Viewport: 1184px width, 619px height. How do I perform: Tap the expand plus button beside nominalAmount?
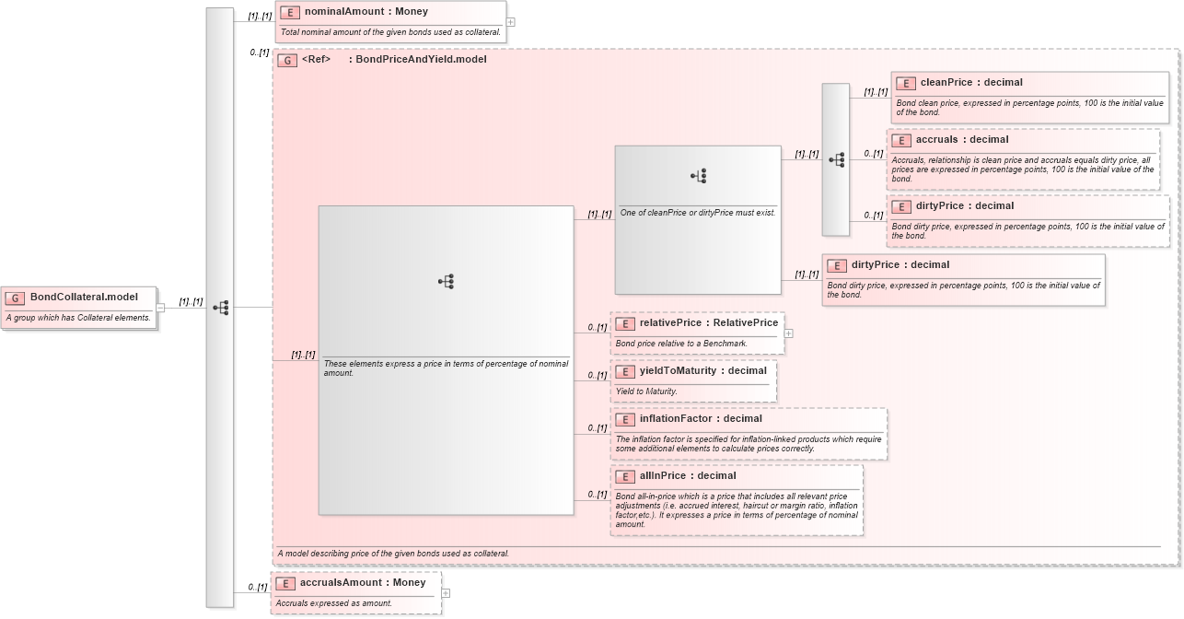click(x=510, y=22)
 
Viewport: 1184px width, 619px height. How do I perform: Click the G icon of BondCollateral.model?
click(x=16, y=298)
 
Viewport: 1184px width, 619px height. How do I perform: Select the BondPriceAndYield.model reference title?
click(x=421, y=60)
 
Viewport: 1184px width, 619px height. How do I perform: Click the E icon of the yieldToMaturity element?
click(x=625, y=371)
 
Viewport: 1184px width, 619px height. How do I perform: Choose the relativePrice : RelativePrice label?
click(x=708, y=323)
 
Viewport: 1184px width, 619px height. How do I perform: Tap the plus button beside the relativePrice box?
click(x=788, y=333)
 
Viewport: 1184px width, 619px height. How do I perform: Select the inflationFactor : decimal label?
click(x=701, y=419)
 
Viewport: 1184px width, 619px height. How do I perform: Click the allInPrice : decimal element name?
click(x=688, y=476)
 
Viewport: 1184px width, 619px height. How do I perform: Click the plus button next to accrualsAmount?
click(x=446, y=593)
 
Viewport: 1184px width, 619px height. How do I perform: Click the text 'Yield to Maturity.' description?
click(x=646, y=391)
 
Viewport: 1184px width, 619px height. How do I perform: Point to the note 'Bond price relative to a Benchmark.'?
click(x=681, y=344)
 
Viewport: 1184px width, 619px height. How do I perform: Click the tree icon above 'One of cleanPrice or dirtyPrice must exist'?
click(x=698, y=175)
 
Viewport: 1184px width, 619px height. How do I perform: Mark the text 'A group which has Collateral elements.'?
click(x=78, y=318)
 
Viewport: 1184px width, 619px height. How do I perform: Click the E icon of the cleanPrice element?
click(x=906, y=84)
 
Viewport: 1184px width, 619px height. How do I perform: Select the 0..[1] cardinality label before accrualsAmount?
click(x=257, y=588)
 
